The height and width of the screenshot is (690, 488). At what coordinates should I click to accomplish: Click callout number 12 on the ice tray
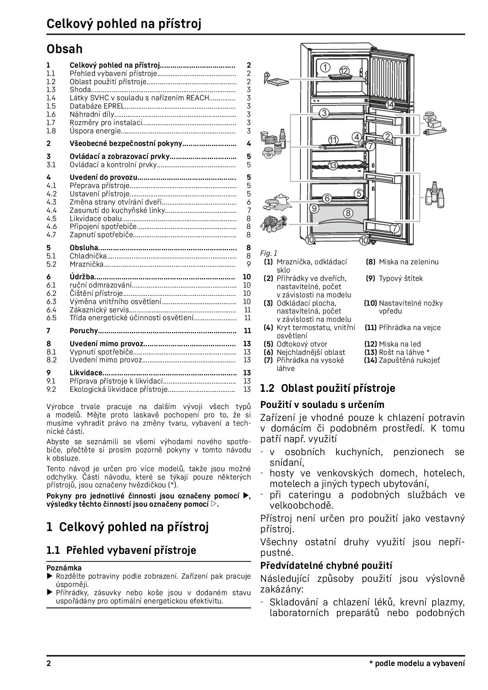(344, 71)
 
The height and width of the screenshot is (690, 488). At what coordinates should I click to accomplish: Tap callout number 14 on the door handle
(390, 104)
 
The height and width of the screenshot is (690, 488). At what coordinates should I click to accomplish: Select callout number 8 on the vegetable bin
(348, 213)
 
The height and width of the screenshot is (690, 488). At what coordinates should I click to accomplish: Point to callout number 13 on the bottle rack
(333, 165)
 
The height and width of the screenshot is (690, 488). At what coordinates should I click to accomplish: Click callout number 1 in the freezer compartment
(325, 67)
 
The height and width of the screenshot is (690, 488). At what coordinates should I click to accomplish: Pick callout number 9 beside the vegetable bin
(314, 208)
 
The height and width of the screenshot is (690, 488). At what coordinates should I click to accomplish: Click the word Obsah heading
(65, 49)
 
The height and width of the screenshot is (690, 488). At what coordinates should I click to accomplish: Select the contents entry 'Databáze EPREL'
(97, 106)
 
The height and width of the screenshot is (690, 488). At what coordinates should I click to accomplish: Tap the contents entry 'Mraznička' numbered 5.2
(87, 264)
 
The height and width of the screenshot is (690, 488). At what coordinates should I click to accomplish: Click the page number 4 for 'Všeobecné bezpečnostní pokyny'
(249, 144)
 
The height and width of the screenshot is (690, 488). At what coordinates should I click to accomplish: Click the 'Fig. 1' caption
(268, 253)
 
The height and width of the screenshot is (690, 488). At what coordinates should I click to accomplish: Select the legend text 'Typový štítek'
(401, 279)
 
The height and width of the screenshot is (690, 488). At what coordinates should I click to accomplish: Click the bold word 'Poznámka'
(64, 568)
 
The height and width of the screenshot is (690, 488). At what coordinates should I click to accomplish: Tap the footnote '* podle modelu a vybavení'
(417, 664)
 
